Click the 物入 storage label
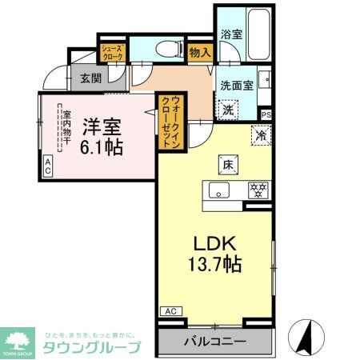tap(201, 53)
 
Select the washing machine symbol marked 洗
tap(229, 110)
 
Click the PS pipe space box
tap(266, 114)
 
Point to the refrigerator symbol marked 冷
tap(261, 136)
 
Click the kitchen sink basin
tap(218, 190)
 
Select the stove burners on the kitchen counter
tap(258, 190)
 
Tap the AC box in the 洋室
tap(47, 166)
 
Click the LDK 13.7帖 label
tap(211, 254)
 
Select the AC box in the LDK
tap(170, 310)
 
